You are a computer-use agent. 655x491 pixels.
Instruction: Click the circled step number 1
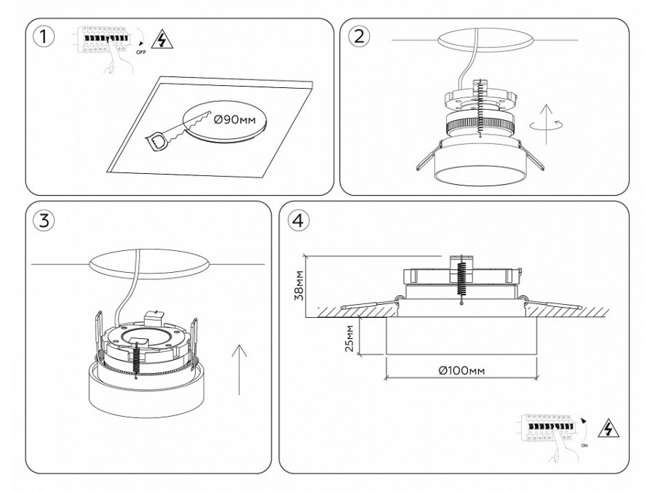[44, 37]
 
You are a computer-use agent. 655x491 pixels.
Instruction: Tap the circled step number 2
[358, 36]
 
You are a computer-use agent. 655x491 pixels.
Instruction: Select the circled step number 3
[44, 220]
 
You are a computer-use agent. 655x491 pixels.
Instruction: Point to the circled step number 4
[298, 220]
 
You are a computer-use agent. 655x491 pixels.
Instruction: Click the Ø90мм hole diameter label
[234, 120]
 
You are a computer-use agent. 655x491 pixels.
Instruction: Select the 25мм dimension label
[349, 338]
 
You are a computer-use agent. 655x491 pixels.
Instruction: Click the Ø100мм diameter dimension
[462, 370]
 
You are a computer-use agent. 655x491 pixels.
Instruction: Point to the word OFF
[141, 52]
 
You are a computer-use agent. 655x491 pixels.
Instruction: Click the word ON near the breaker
[584, 445]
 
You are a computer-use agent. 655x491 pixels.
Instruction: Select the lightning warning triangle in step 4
[608, 428]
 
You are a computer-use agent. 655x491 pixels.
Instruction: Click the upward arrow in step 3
[239, 369]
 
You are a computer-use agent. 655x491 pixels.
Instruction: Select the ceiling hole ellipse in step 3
[148, 264]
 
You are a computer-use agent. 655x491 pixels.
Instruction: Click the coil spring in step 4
[461, 280]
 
